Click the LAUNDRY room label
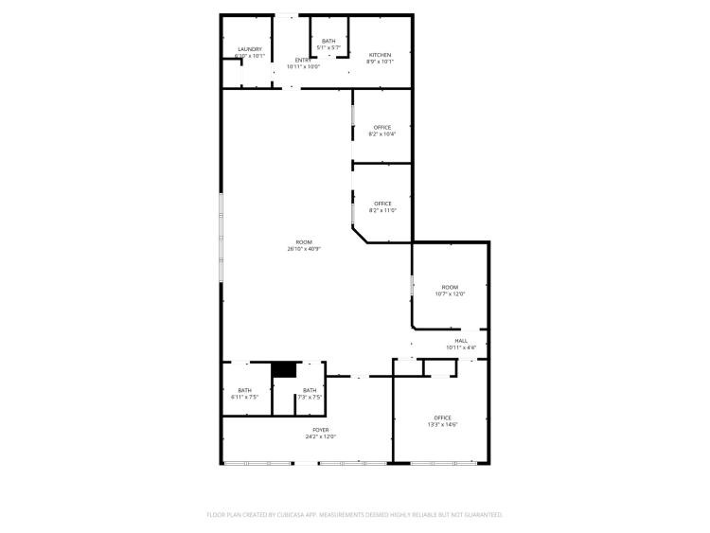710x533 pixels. pos(250,49)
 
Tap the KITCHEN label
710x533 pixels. pos(380,55)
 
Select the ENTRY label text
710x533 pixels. pos(303,61)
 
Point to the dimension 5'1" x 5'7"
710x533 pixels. pos(328,47)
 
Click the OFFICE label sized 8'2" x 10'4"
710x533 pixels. pos(382,128)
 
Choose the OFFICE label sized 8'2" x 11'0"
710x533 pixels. pos(382,204)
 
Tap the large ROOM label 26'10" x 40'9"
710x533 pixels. pos(303,242)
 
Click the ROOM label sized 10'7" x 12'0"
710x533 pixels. pos(450,288)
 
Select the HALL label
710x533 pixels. pos(461,341)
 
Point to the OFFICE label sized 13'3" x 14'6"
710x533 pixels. pos(442,418)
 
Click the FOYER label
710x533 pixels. pos(321,430)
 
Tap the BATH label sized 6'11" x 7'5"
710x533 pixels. pos(245,391)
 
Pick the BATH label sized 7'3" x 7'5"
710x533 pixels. pos(310,391)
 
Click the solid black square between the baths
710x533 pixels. pos(282,370)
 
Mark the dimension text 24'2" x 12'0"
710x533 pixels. pos(321,436)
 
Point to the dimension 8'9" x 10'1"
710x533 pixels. pos(380,62)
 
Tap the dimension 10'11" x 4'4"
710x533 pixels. pos(461,347)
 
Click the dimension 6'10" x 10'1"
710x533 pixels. pos(250,56)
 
